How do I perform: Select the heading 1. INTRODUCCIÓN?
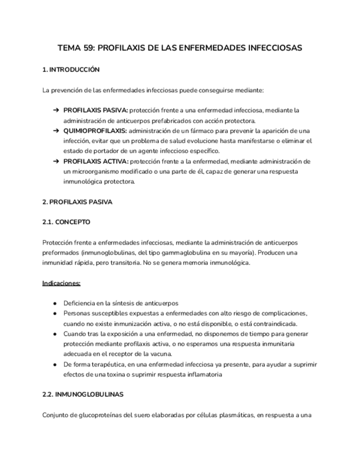point(71,70)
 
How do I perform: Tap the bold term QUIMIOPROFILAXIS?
point(95,130)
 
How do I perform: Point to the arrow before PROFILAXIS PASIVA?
point(56,110)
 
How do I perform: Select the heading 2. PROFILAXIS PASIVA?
point(77,202)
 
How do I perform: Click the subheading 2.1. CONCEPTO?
point(66,222)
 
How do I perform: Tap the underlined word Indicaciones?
point(62,283)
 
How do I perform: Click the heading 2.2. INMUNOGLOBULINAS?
point(82,395)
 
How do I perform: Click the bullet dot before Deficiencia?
point(56,303)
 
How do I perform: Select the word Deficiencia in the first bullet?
point(82,303)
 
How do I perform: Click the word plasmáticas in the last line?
point(230,415)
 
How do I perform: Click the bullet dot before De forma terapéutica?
point(56,364)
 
